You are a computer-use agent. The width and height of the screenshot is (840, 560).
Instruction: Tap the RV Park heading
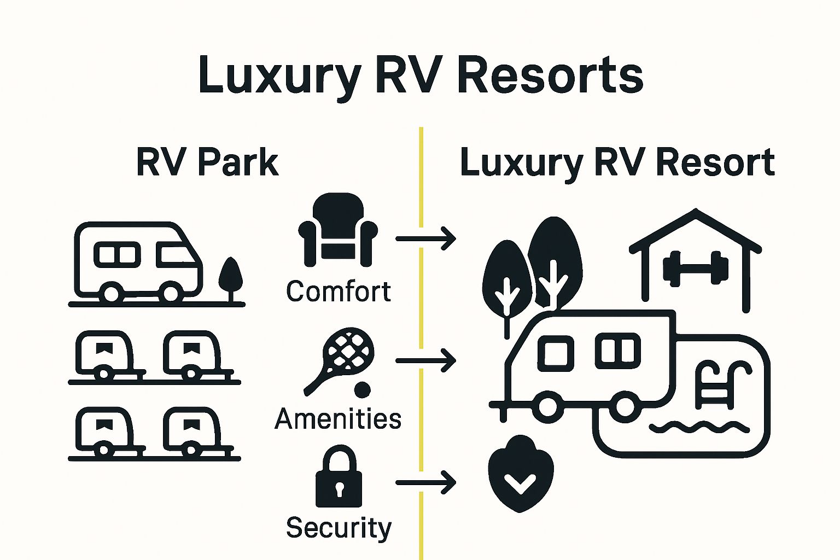pos(207,162)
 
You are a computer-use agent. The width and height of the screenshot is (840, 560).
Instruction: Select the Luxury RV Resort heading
pos(617,162)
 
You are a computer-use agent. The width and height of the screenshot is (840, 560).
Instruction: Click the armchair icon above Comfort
pos(337,230)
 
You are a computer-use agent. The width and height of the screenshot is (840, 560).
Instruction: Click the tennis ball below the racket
pos(362,390)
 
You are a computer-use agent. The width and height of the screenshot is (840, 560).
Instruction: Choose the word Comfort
pos(339,291)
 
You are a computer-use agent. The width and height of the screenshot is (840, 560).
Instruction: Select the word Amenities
pos(338,419)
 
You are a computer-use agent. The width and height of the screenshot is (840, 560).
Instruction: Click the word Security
pos(339,528)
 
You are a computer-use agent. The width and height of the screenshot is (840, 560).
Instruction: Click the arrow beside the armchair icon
pos(425,239)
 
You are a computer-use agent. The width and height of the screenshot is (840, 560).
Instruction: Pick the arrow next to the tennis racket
pos(425,361)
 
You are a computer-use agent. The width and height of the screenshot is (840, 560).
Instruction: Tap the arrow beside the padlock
pos(425,482)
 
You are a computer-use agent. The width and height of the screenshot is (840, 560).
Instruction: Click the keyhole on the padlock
pos(339,488)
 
